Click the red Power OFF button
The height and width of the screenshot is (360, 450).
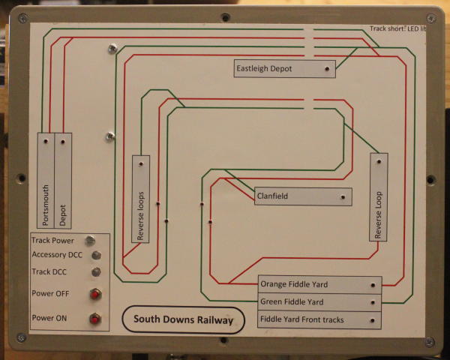click(95, 294)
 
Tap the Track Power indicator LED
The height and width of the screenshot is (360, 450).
click(90, 241)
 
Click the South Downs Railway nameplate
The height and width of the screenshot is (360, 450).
click(183, 319)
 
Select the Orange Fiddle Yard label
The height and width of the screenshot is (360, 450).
click(319, 285)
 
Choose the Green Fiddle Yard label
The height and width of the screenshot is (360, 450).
click(319, 302)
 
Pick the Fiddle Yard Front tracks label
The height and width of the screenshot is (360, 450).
click(319, 320)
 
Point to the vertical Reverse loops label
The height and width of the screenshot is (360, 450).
click(141, 199)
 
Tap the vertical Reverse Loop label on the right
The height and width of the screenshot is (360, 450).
click(379, 196)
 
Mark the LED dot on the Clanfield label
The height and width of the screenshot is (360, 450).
click(343, 198)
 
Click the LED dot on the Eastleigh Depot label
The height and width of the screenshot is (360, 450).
click(327, 69)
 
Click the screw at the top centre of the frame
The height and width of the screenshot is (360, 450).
click(224, 16)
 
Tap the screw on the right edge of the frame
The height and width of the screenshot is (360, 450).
click(430, 180)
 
